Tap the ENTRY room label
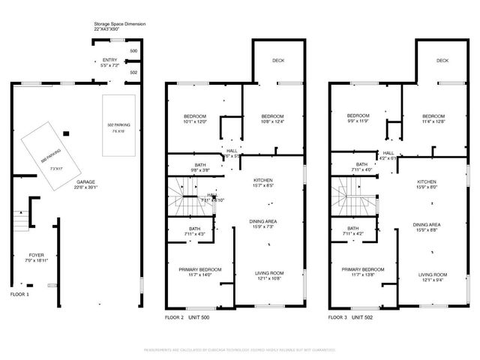[x=110, y=62]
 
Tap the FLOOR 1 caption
[x=20, y=295]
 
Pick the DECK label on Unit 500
[x=278, y=60]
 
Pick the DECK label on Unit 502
[x=442, y=60]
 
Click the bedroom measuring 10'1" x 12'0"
[x=195, y=118]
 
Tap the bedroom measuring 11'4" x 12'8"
[x=433, y=118]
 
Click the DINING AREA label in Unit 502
[x=426, y=227]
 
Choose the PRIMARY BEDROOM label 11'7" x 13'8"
[x=363, y=272]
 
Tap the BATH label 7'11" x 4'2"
[x=352, y=231]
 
